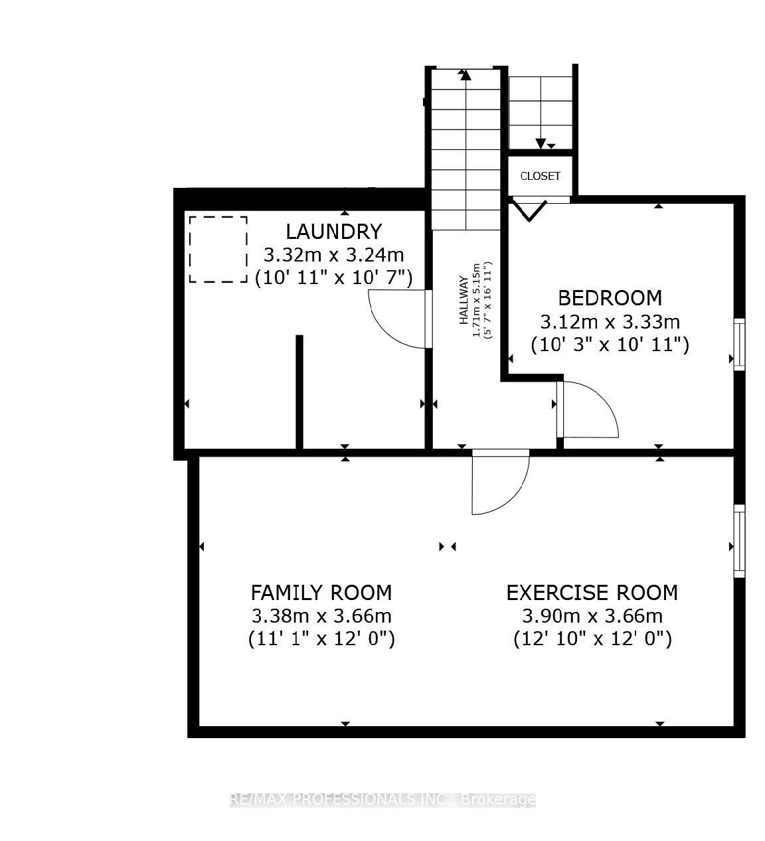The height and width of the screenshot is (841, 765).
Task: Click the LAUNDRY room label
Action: (333, 232)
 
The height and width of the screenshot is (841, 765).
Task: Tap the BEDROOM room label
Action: (609, 298)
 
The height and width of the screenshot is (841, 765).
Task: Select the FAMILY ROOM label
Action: (321, 592)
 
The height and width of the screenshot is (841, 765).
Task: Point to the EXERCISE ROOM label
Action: (592, 592)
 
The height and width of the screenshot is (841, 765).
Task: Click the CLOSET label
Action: (540, 176)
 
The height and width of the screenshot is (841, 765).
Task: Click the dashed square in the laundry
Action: (218, 249)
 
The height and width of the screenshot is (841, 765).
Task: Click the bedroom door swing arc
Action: (594, 408)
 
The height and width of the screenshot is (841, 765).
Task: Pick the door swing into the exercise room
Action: (505, 485)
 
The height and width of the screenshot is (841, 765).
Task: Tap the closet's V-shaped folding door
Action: (529, 210)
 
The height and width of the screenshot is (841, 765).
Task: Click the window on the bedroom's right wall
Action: (738, 344)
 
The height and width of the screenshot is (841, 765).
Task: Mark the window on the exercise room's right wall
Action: (738, 540)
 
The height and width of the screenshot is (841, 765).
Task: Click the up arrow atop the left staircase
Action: (466, 74)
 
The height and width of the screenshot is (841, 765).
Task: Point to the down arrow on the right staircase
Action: (541, 143)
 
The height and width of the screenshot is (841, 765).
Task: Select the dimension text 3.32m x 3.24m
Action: (333, 255)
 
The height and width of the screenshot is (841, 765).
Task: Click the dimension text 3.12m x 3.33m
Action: (609, 322)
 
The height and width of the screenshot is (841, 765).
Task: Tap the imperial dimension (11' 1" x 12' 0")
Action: (321, 639)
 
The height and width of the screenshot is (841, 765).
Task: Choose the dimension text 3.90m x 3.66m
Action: (592, 616)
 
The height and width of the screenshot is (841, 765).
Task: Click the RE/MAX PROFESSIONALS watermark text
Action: (382, 799)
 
